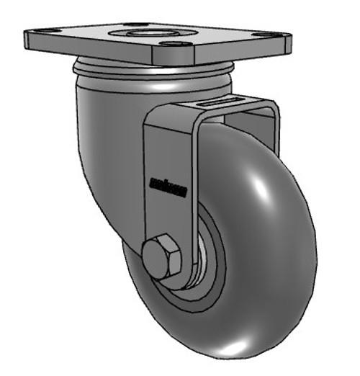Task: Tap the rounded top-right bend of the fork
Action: [x=271, y=108]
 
